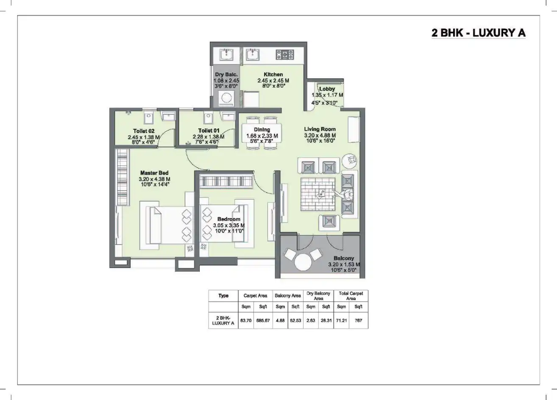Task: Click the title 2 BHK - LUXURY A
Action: (478, 33)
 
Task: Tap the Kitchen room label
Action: (273, 75)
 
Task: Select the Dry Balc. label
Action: (226, 75)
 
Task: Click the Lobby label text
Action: (327, 89)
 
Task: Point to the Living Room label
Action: (320, 129)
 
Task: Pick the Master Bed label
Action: (154, 173)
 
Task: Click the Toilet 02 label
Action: (143, 131)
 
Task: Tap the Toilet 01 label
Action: (209, 131)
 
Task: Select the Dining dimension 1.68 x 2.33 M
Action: (262, 136)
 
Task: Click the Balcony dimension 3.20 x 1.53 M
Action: (343, 264)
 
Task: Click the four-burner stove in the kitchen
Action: (285, 54)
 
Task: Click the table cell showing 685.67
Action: (263, 320)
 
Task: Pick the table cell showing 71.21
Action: (341, 320)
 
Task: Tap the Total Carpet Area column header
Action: (351, 296)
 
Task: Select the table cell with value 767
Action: (359, 320)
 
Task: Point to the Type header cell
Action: (223, 296)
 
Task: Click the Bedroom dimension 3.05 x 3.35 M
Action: (228, 225)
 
